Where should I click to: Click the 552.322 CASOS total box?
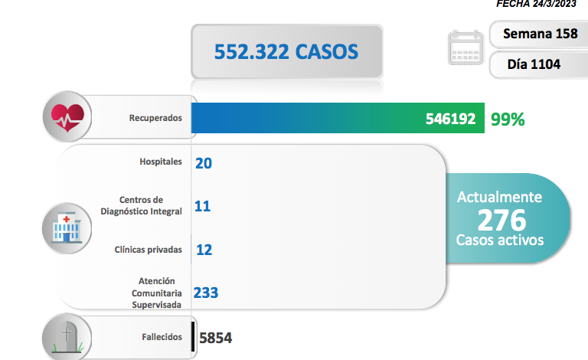click(286, 52)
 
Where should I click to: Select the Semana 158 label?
click(534, 34)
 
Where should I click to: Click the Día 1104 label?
click(534, 64)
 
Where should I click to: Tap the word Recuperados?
click(155, 119)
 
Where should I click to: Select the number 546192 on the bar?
click(451, 119)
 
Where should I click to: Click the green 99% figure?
click(508, 119)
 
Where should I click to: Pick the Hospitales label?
click(161, 162)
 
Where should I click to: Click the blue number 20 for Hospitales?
click(203, 162)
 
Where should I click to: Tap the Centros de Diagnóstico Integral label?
click(141, 205)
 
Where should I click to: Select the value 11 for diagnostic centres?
click(202, 206)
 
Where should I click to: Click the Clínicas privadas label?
click(148, 249)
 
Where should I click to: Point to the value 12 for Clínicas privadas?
click(203, 250)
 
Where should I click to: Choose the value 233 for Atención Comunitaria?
click(206, 293)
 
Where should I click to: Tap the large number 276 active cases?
click(501, 220)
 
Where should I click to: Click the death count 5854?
click(215, 338)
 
